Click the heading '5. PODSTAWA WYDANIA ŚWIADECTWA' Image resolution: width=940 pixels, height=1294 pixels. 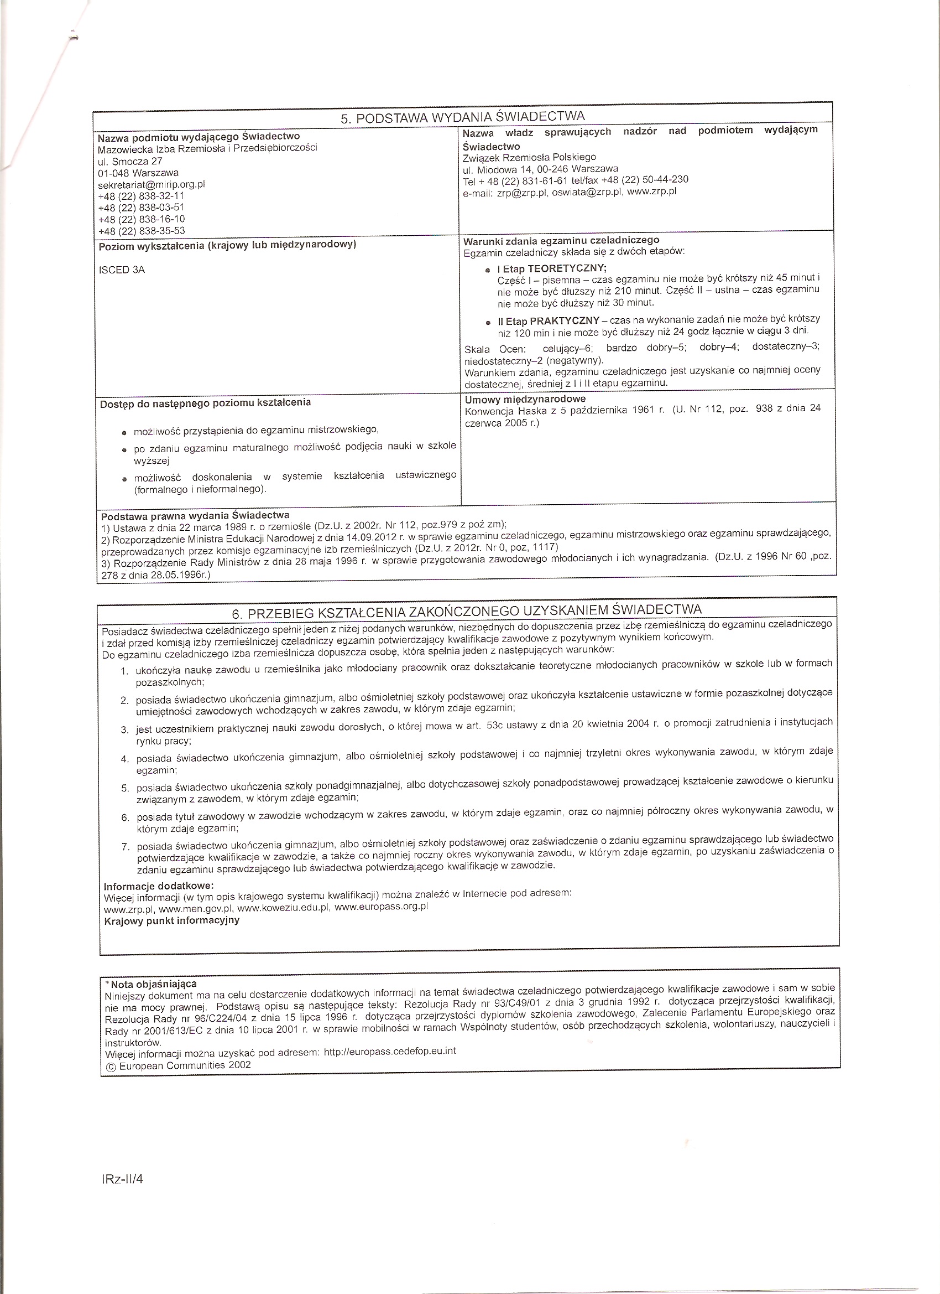pos(462,117)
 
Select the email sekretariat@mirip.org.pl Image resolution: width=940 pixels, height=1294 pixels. pos(152,184)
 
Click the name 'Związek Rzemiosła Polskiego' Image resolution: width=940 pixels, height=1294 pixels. pos(530,157)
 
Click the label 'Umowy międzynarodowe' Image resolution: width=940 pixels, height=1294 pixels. pos(525,400)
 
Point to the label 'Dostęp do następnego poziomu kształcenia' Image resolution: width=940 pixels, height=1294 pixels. pos(205,403)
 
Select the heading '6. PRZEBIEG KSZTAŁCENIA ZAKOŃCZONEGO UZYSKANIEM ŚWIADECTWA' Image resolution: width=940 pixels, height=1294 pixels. pos(466,612)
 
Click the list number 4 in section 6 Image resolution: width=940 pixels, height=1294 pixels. pos(125,759)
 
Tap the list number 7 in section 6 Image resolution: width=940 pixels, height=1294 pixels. pos(126,847)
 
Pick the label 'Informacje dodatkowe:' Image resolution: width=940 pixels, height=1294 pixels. pos(159,886)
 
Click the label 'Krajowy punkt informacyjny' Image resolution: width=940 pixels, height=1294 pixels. pos(171,920)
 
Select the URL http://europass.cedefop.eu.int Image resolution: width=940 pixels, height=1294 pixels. pos(389,1051)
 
